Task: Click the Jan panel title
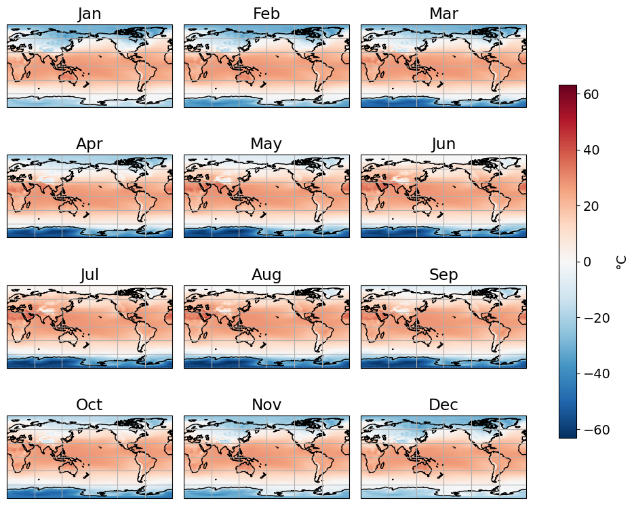(x=90, y=14)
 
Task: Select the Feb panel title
(x=266, y=14)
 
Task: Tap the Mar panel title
(x=443, y=14)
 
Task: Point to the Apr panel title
(x=90, y=144)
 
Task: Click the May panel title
(x=266, y=144)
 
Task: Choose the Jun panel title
(x=443, y=144)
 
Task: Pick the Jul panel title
(x=90, y=275)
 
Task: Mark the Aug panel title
(x=266, y=275)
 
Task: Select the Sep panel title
(x=443, y=275)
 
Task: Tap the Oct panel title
(x=90, y=405)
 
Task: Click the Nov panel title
(x=266, y=405)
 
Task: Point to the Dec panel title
(x=443, y=405)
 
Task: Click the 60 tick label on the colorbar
(x=591, y=94)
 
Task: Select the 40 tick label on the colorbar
(x=591, y=150)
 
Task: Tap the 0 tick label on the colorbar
(x=587, y=262)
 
